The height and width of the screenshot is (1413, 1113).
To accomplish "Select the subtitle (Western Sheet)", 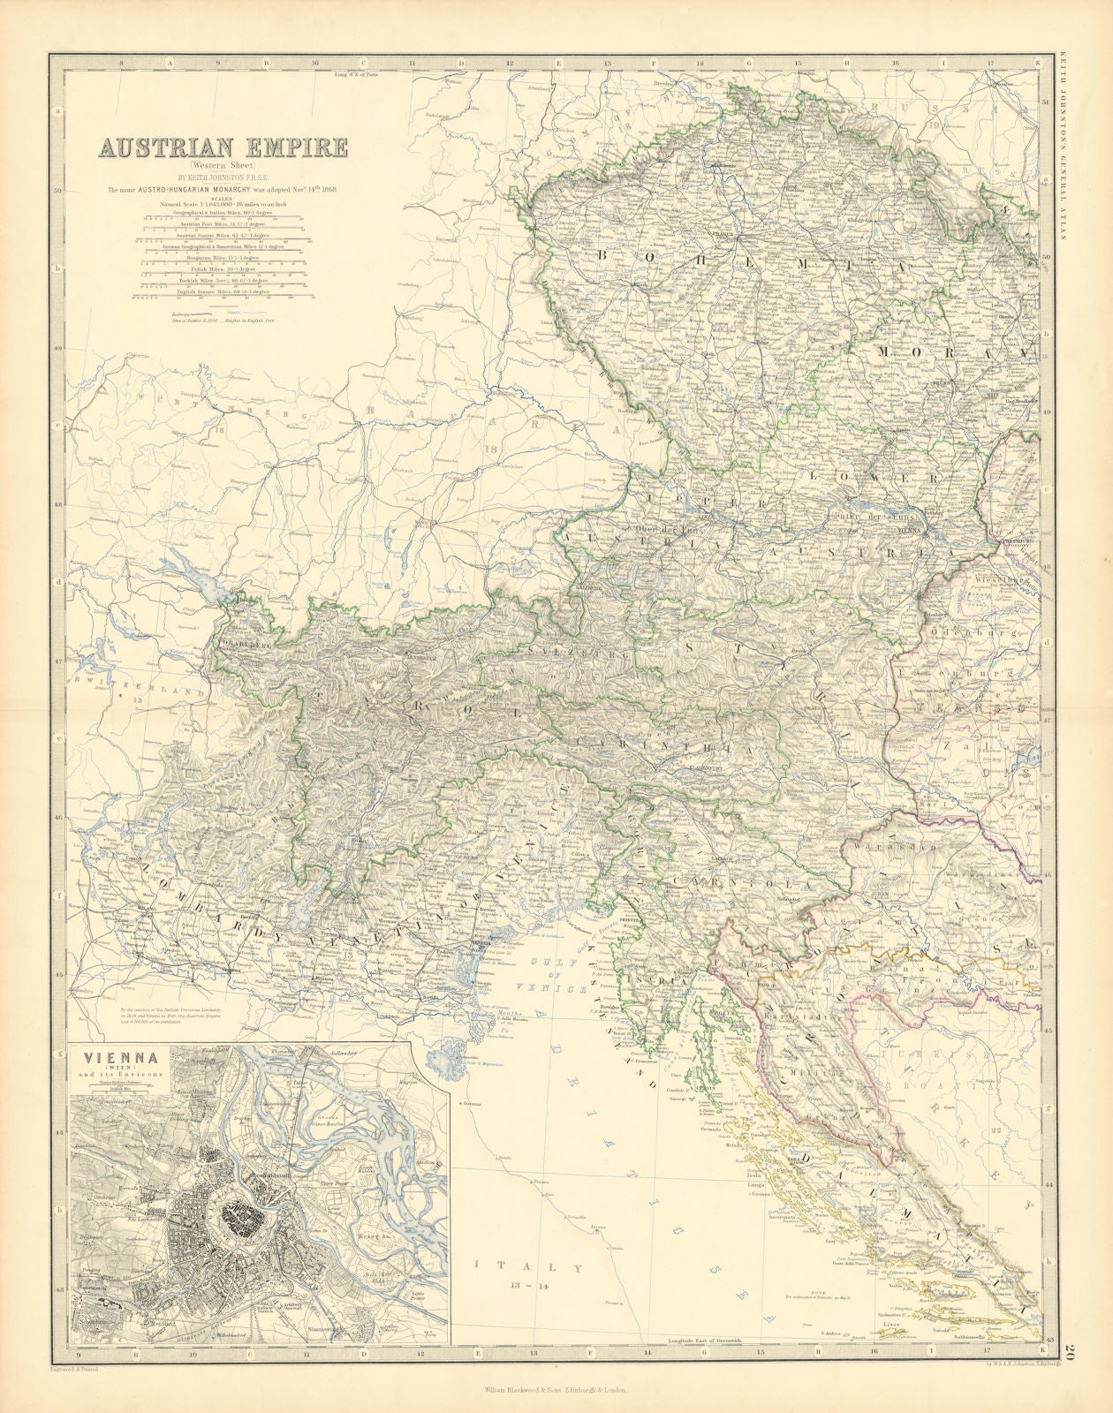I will coord(223,165).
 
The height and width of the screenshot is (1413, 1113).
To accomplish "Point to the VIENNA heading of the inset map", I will coord(109,1060).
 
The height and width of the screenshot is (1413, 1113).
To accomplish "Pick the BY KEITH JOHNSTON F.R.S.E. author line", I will coord(223,178).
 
